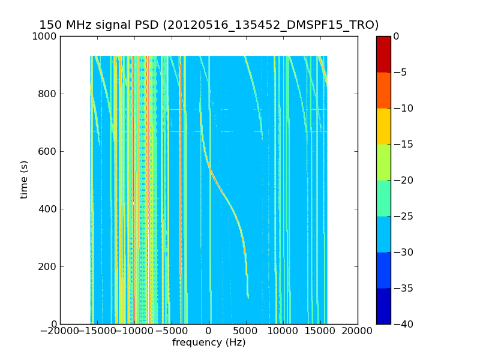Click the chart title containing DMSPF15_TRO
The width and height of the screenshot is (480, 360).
point(209,25)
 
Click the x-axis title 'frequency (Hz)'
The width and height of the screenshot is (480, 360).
point(209,343)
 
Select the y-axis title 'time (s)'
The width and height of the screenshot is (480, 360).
point(25,179)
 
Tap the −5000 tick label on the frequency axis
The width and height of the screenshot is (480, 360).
point(171,331)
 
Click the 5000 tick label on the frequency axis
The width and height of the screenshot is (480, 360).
point(246,331)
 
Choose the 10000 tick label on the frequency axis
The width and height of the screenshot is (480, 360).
point(283,331)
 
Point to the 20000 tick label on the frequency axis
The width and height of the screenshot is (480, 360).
point(358,331)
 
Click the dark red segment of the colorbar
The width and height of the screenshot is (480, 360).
point(383,54)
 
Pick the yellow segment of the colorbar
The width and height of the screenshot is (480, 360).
point(383,126)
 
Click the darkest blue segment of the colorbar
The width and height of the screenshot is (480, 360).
point(383,306)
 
